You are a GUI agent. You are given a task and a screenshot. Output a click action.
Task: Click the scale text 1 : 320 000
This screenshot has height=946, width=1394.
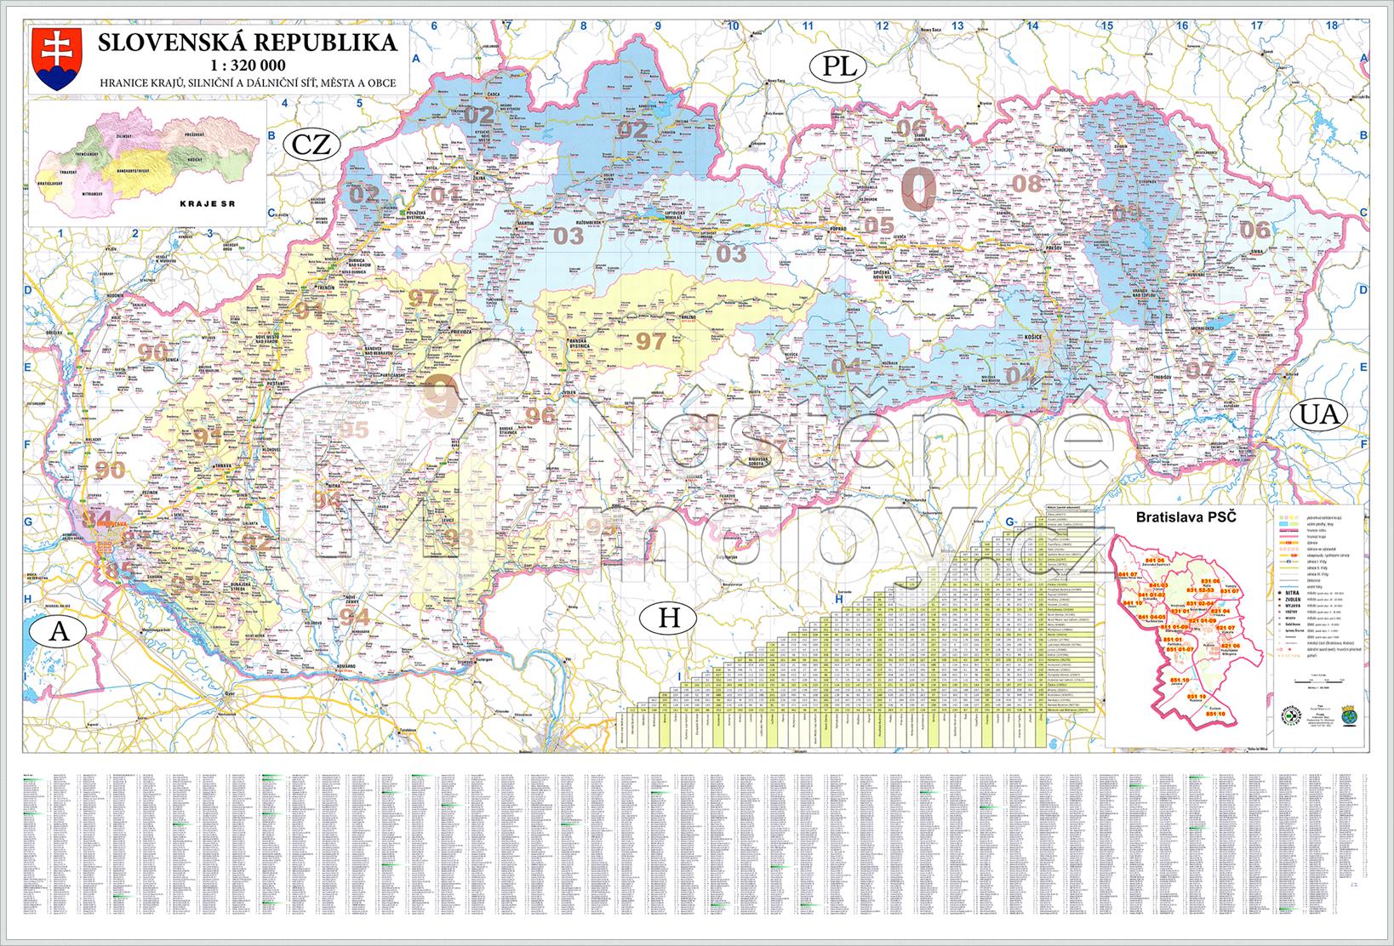(246, 65)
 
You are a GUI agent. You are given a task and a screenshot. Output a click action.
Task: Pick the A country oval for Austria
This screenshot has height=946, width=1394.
(58, 631)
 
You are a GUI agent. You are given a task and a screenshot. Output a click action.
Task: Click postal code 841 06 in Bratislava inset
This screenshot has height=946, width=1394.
(1153, 561)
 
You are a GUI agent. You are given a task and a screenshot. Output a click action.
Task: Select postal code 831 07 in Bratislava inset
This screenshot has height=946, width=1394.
(1231, 591)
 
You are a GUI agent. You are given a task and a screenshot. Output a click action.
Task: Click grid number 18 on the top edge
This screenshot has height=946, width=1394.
(1331, 26)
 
